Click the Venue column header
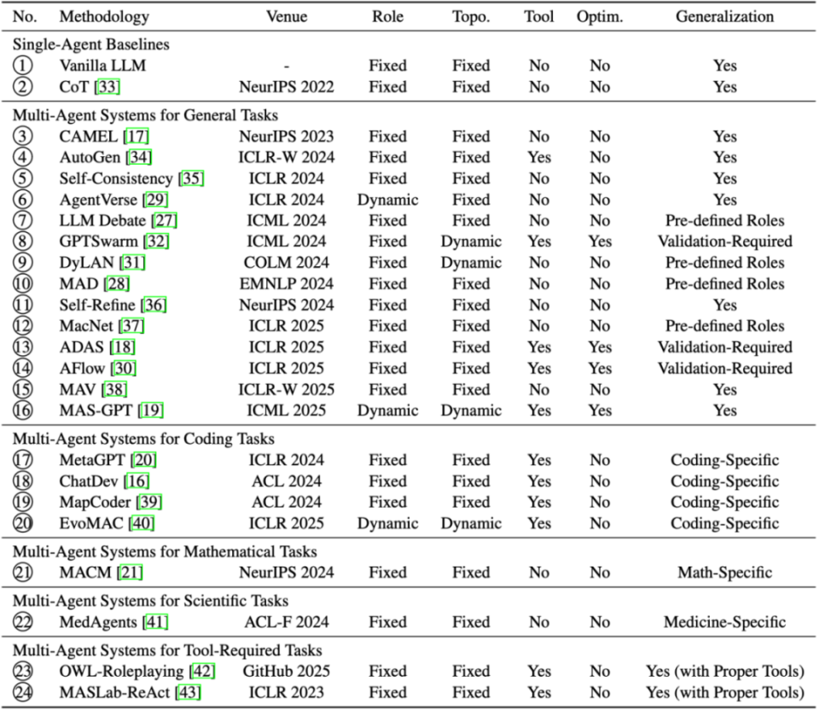pos(287,16)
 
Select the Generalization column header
pos(724,16)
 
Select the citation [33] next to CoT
pos(107,86)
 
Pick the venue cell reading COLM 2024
pos(287,263)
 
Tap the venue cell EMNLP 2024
pos(287,283)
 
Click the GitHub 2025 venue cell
pos(287,671)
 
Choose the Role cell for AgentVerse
pos(388,200)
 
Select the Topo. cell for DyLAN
pos(471,263)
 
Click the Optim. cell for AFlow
pos(600,369)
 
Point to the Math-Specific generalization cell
pos(724,573)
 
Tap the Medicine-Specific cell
pos(724,622)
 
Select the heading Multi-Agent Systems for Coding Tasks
pos(142,439)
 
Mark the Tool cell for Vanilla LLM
pos(539,65)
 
